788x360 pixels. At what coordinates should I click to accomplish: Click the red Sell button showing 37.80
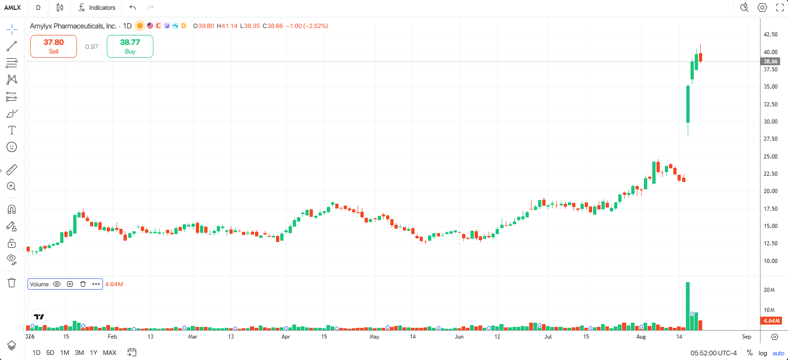point(54,46)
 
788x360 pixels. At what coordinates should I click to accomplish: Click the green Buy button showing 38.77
point(130,46)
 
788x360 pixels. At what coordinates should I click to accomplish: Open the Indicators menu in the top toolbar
point(97,8)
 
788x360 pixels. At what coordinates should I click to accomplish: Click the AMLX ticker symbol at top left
point(12,8)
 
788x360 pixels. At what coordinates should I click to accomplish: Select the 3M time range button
point(79,353)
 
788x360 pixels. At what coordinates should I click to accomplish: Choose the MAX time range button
point(110,353)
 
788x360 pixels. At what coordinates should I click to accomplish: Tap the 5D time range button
point(50,353)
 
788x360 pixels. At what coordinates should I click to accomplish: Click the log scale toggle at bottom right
point(763,353)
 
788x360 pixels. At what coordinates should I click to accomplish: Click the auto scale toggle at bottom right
point(778,353)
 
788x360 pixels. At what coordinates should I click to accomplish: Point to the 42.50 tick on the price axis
point(770,35)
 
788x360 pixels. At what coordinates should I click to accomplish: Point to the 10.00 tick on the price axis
point(770,261)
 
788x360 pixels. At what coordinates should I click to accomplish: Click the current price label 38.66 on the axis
point(770,61)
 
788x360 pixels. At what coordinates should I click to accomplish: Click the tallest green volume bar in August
point(688,306)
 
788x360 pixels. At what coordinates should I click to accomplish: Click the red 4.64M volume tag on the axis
point(771,320)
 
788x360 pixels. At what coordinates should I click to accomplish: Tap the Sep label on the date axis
point(747,337)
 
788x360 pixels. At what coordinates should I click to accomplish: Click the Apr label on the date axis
point(286,337)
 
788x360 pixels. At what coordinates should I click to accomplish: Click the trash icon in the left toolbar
point(12,283)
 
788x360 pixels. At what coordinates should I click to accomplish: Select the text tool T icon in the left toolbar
point(12,130)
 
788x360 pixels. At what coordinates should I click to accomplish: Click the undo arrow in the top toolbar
point(132,7)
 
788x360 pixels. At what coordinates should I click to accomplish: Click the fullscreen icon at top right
point(780,7)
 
